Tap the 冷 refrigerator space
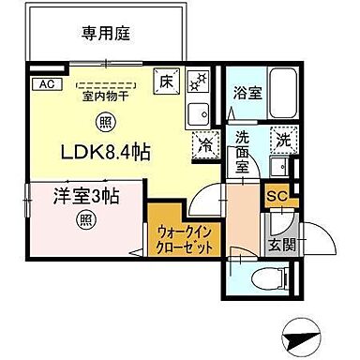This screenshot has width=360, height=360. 206,145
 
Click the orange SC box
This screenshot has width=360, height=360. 277,195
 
